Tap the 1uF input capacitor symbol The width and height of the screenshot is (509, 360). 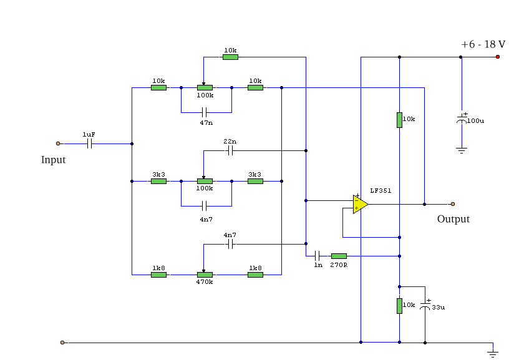(x=90, y=144)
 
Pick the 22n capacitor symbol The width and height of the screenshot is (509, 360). (x=230, y=150)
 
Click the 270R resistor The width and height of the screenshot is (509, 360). (x=339, y=256)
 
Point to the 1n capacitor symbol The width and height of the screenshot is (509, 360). (x=318, y=256)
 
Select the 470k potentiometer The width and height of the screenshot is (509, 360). (x=205, y=275)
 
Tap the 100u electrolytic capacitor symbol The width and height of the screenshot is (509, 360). (x=462, y=119)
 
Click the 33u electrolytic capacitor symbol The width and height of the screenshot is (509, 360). (x=425, y=306)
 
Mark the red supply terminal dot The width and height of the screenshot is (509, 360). (x=498, y=57)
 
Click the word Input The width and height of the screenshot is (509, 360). (x=53, y=160)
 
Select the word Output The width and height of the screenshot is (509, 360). (x=453, y=219)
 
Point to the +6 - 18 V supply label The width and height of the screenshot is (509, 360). (x=482, y=45)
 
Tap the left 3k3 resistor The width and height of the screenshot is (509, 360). (x=158, y=182)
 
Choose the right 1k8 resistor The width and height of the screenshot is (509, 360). (x=255, y=275)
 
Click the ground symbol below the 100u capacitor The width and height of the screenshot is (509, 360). (x=462, y=150)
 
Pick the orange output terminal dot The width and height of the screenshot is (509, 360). (x=453, y=204)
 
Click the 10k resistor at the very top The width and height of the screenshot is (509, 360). (x=230, y=57)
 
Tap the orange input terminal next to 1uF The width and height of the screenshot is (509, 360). (x=58, y=144)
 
